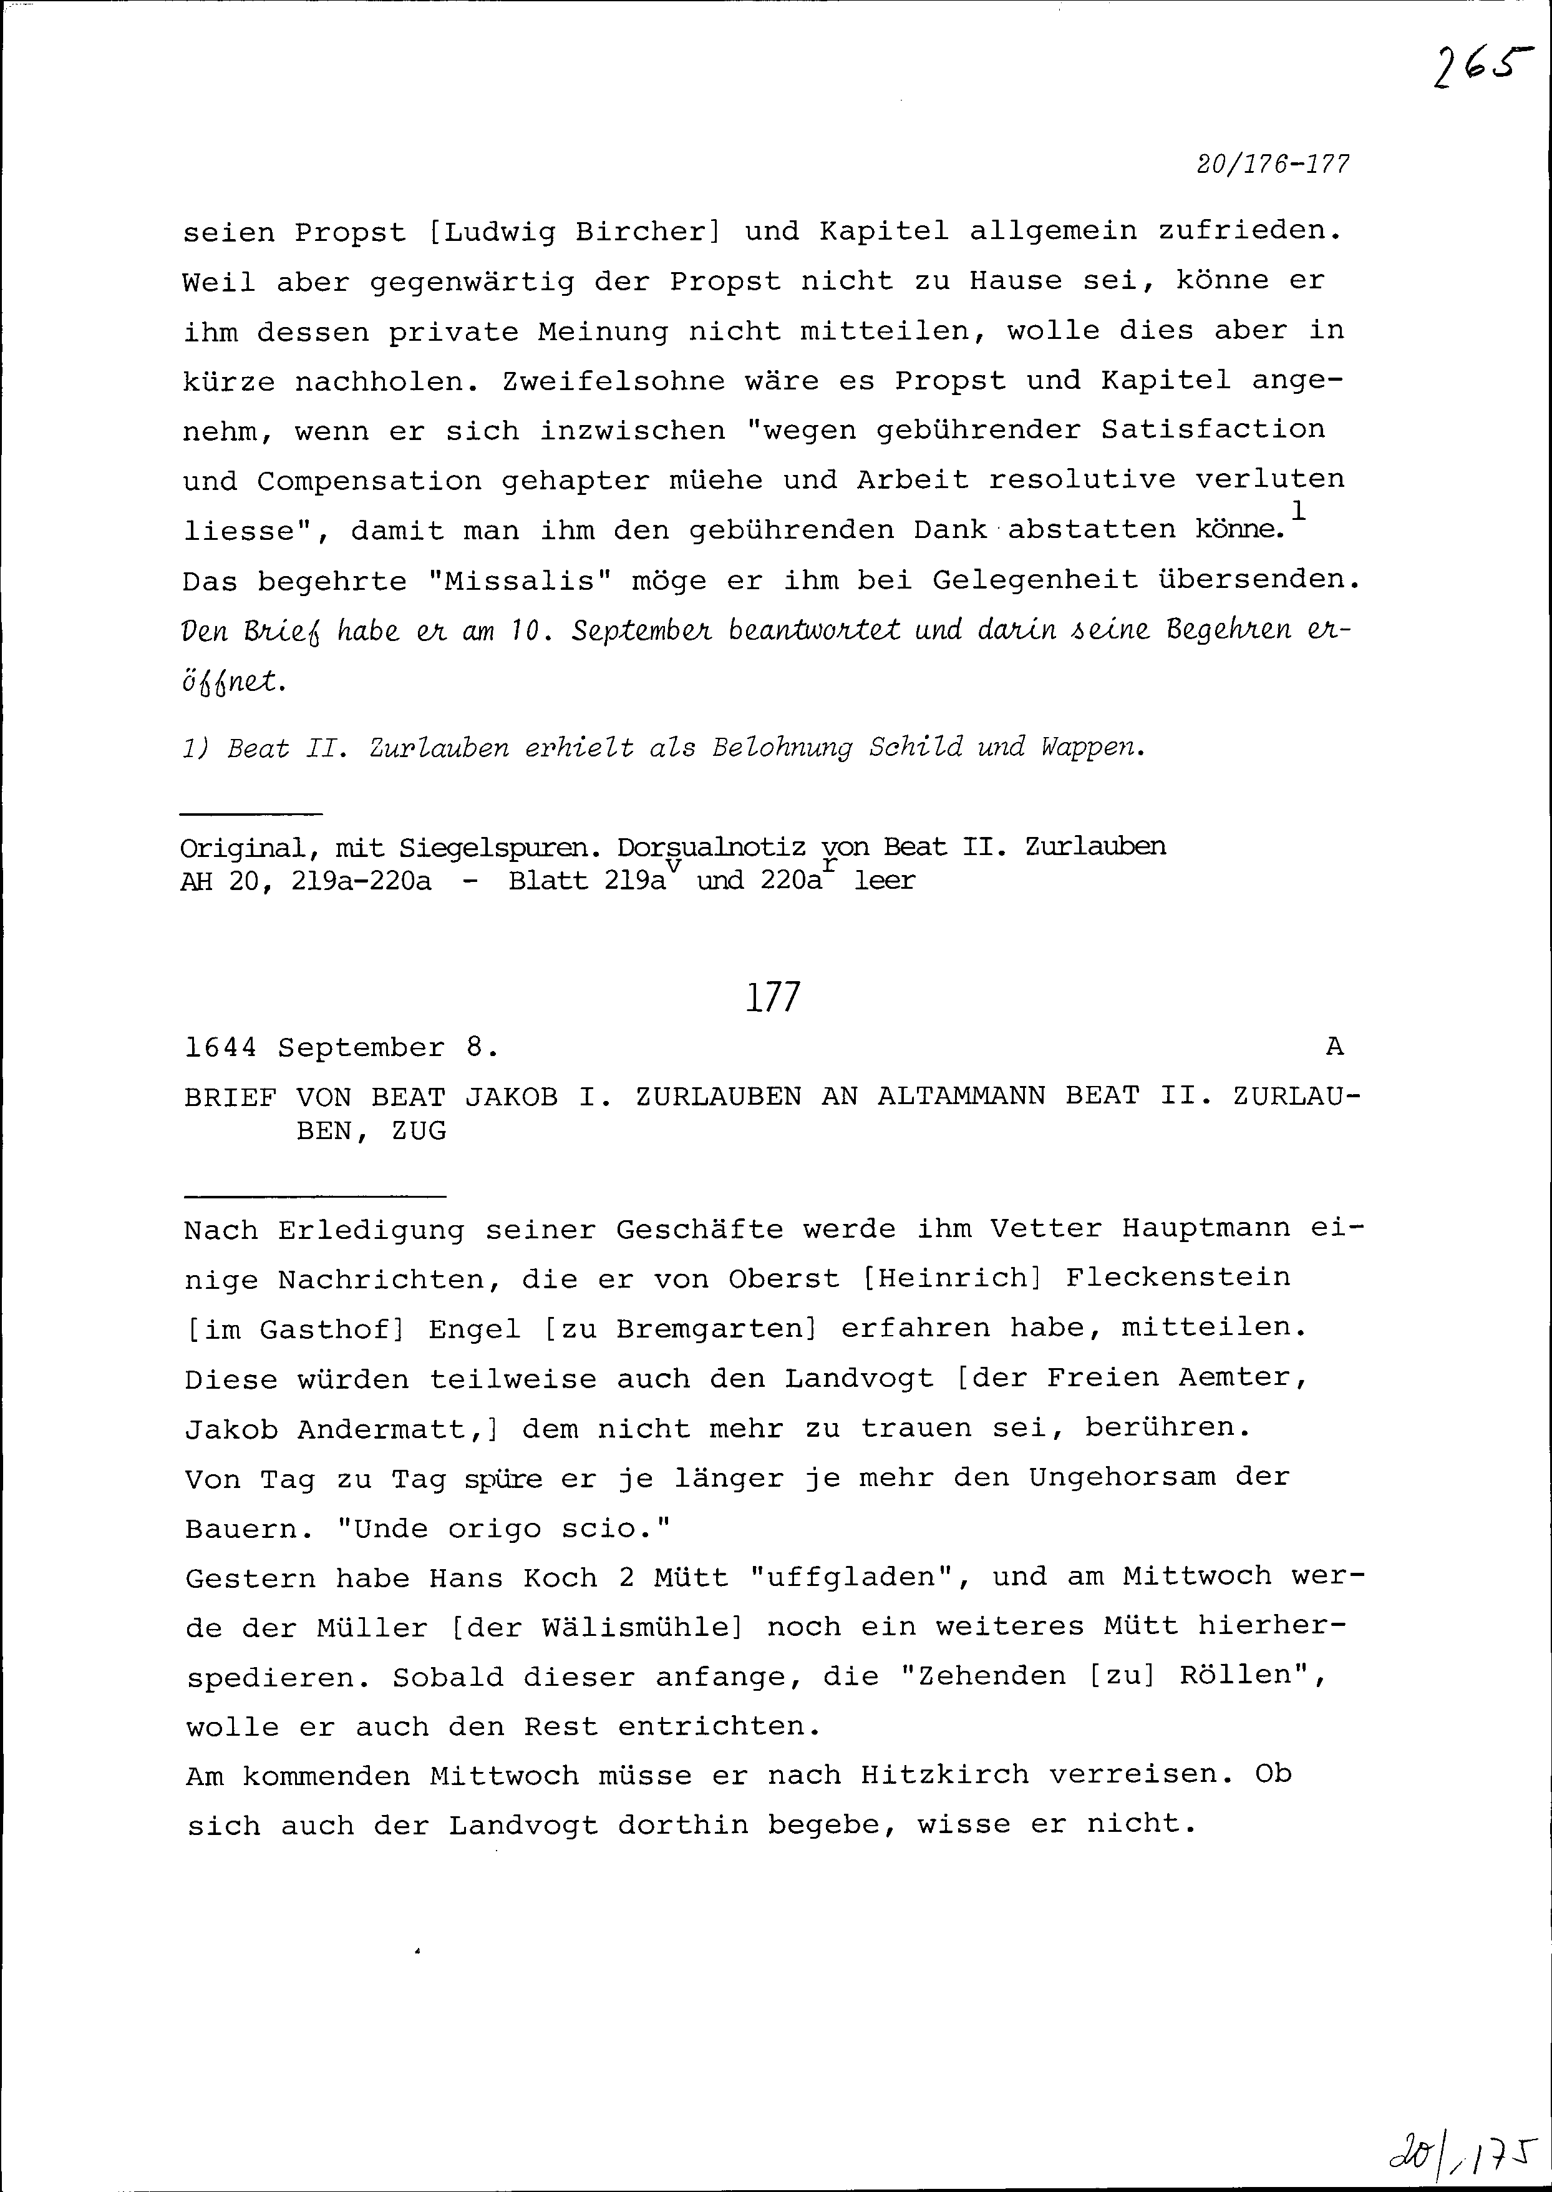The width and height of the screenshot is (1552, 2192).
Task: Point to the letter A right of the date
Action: pyautogui.click(x=1334, y=1048)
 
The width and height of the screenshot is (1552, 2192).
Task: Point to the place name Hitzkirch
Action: pyautogui.click(x=943, y=1774)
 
